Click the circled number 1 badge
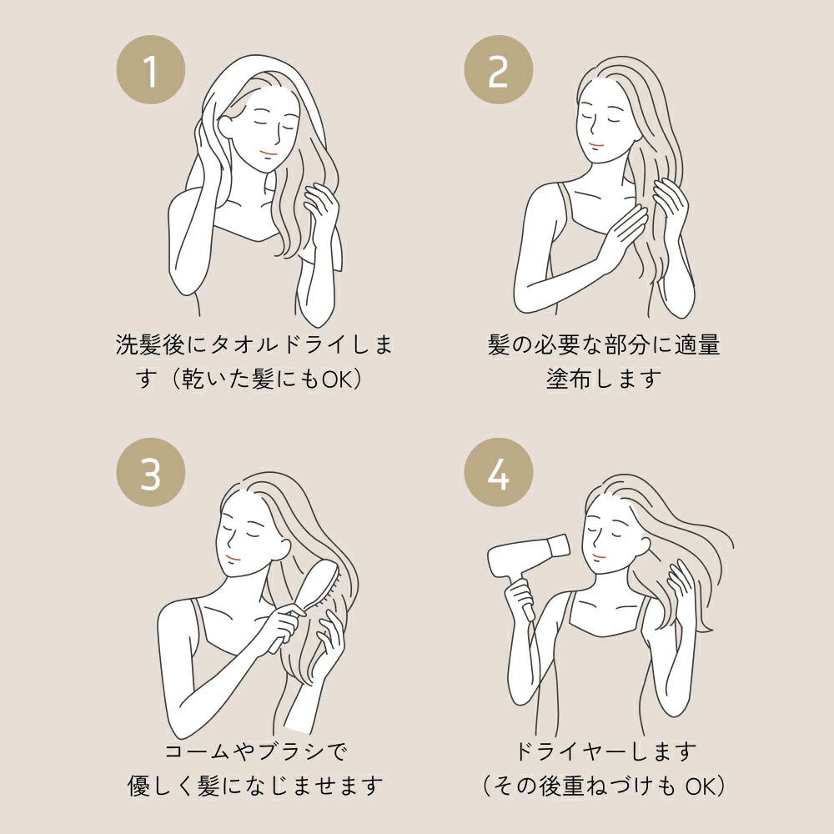(x=151, y=70)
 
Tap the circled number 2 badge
(x=499, y=70)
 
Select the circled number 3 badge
(x=151, y=472)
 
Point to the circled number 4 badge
(x=499, y=472)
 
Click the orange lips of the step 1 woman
(x=269, y=153)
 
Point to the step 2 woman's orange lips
(x=596, y=144)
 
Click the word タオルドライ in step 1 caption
(x=274, y=345)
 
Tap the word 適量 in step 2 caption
(x=696, y=345)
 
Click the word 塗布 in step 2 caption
(x=569, y=379)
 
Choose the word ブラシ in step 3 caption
(x=290, y=751)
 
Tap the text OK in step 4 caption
(x=701, y=786)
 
